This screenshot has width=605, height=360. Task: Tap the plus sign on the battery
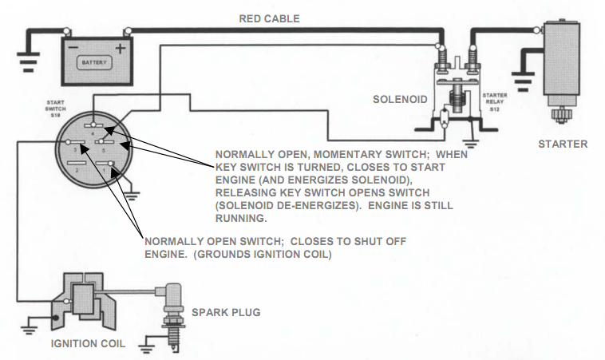(x=121, y=49)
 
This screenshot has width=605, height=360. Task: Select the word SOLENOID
(x=400, y=100)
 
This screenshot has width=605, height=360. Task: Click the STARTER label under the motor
(x=563, y=144)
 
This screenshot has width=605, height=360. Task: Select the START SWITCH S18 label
(x=56, y=108)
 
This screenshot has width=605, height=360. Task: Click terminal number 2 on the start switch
(x=75, y=170)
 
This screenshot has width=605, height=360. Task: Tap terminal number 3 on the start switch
(x=75, y=149)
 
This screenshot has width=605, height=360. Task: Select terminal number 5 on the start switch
(x=105, y=150)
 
